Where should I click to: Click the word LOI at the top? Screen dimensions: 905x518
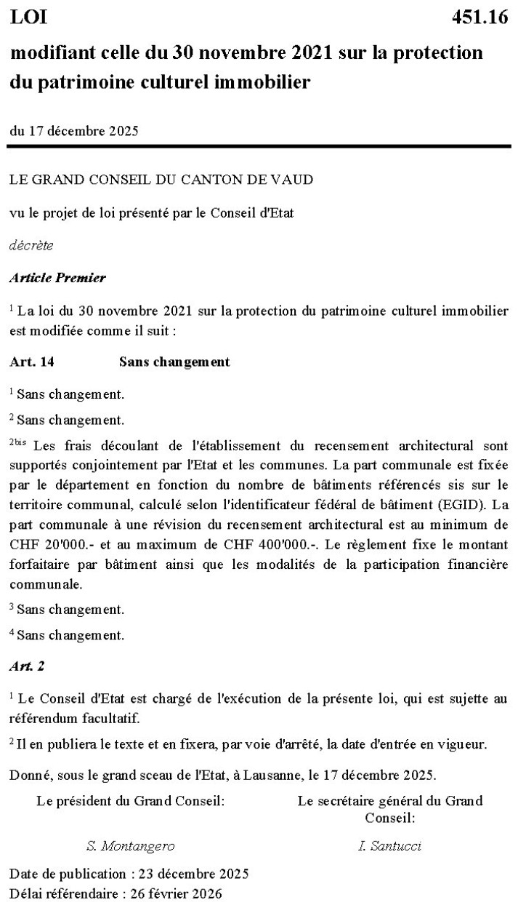point(28,18)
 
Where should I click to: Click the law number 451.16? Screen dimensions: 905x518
point(480,18)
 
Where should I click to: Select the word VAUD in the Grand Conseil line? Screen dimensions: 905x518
point(296,180)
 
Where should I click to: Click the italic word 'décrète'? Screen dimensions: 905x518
point(31,245)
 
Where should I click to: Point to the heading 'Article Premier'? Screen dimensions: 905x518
point(57,278)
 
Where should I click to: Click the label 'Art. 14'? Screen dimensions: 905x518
point(32,362)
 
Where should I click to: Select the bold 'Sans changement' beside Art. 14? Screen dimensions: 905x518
point(174,362)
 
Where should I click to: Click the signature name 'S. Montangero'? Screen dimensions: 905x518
point(131,845)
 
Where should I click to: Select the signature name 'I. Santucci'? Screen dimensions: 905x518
point(389,845)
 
